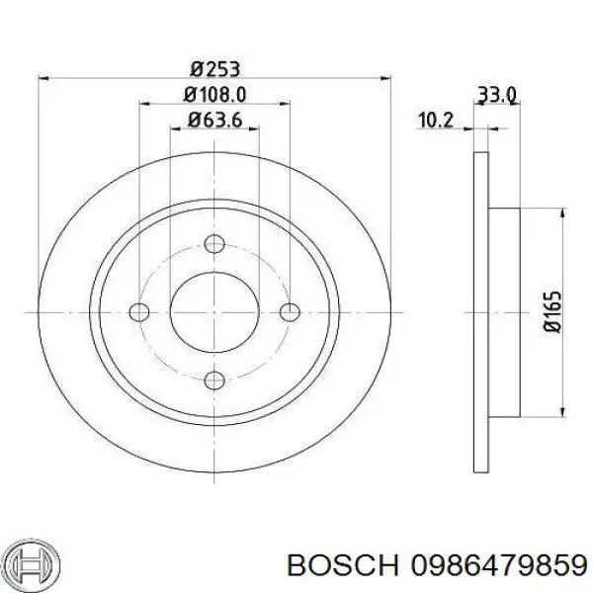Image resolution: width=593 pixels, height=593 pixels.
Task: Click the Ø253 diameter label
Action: [215, 68]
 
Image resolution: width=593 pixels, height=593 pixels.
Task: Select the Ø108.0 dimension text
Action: [215, 95]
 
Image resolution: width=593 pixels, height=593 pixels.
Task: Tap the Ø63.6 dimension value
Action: [215, 122]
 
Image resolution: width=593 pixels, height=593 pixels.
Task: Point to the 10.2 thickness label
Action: [435, 121]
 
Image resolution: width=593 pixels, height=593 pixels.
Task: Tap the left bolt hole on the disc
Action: [140, 312]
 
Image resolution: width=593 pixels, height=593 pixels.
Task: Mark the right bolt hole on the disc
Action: [290, 312]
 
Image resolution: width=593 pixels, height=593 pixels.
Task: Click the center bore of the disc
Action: [215, 312]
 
